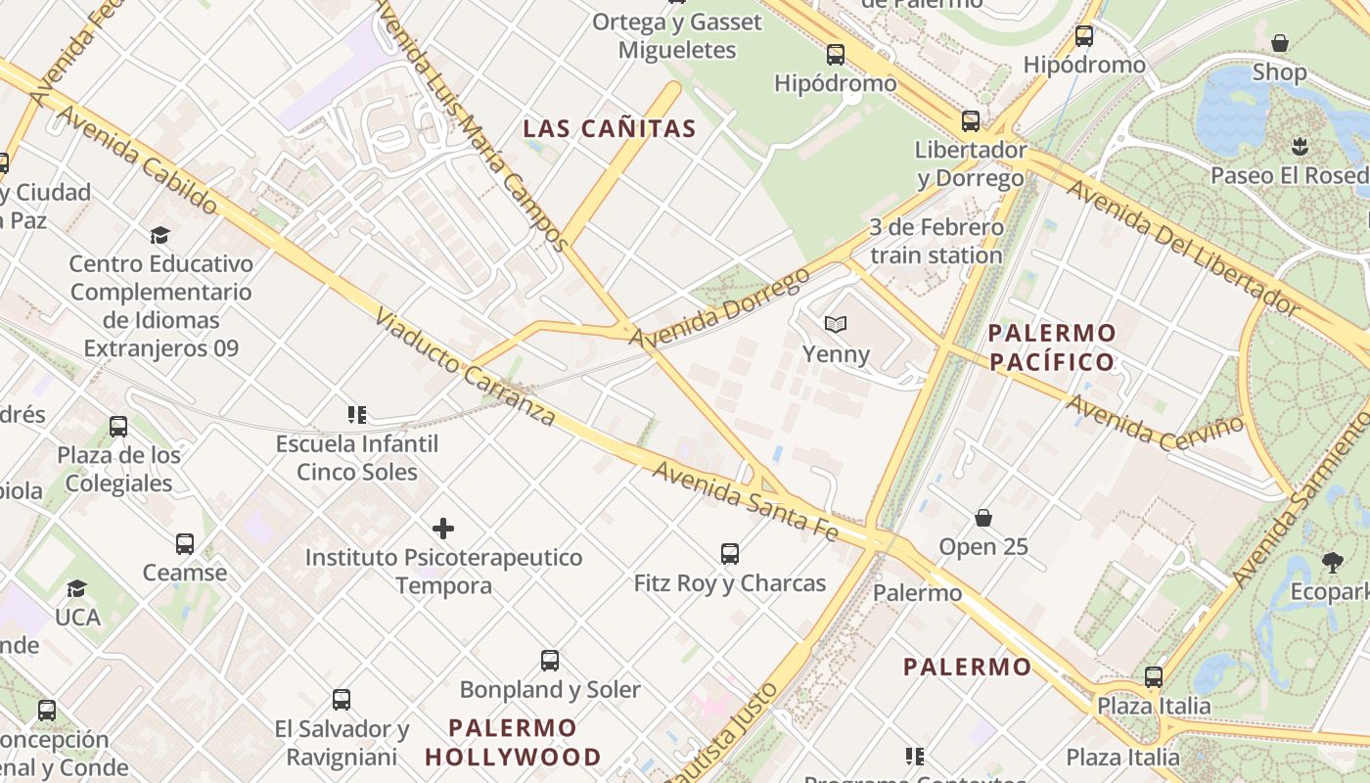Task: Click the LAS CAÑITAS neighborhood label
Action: point(610,128)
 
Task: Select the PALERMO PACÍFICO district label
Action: point(1052,347)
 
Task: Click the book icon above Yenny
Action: point(835,324)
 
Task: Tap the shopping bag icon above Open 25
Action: point(983,517)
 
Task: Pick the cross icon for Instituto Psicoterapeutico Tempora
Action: point(443,529)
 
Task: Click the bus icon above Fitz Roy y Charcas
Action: point(730,554)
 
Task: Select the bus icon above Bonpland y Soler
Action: point(550,661)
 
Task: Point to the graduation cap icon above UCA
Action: point(76,588)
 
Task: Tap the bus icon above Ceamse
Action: point(185,544)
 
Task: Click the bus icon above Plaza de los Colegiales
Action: point(118,427)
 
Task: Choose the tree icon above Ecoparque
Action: point(1332,563)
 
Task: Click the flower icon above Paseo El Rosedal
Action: point(1301,147)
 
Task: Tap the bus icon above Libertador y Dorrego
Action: point(970,121)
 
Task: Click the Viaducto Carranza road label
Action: point(465,368)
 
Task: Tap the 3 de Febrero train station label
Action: point(936,241)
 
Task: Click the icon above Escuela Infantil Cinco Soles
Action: point(357,415)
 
